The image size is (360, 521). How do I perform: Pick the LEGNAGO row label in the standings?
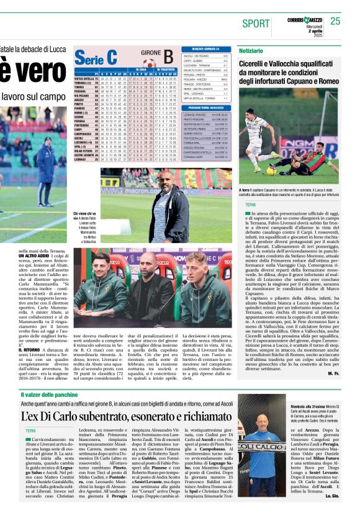[x=81, y=159]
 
